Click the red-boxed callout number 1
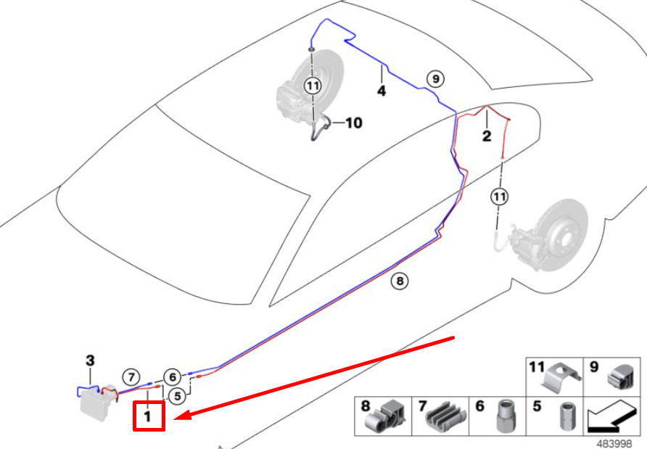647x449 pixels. (x=149, y=416)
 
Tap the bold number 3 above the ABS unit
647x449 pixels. (x=90, y=361)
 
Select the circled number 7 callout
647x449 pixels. (x=131, y=377)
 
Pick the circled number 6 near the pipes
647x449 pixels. (x=173, y=376)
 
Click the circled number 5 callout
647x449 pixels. (x=178, y=396)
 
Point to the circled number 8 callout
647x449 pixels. (x=400, y=281)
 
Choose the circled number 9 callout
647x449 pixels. (x=436, y=78)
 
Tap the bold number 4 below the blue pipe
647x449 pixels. (x=382, y=91)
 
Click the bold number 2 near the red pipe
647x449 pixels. (x=487, y=136)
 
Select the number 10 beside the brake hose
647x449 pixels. (x=354, y=123)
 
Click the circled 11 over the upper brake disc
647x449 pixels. (x=313, y=86)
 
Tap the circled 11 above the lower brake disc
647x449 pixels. (x=500, y=197)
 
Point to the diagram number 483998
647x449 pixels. (x=614, y=444)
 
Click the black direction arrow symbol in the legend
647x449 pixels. (x=611, y=416)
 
